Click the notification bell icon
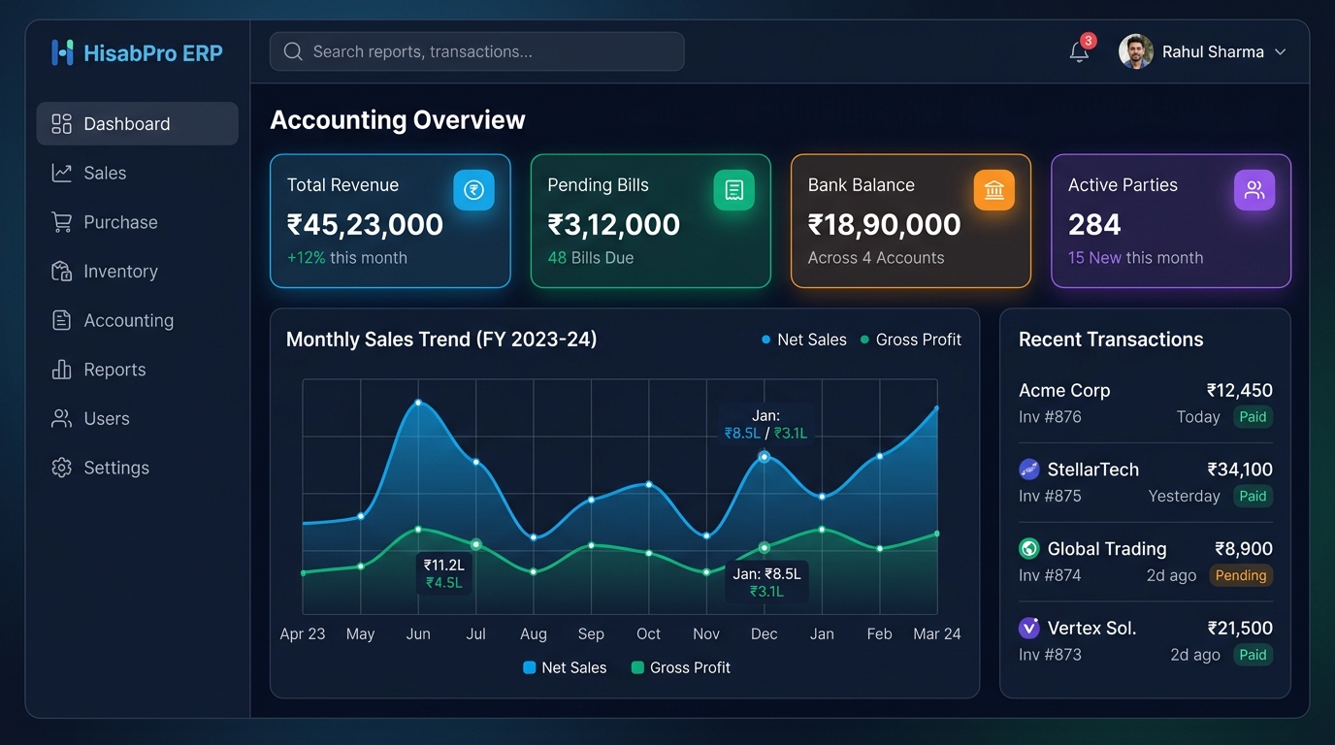click(x=1079, y=51)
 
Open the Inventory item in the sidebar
click(x=105, y=272)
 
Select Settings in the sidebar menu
click(x=100, y=468)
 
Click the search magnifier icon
click(x=293, y=51)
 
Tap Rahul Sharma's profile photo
click(x=1135, y=51)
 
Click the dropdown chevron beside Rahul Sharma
click(x=1280, y=51)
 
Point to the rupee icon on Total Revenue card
click(x=473, y=190)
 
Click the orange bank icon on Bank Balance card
click(x=994, y=190)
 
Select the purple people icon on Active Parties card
click(x=1254, y=190)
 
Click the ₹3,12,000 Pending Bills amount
click(x=613, y=225)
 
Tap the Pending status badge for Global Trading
click(x=1241, y=575)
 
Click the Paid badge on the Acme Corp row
click(x=1253, y=416)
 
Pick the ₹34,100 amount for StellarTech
click(x=1240, y=470)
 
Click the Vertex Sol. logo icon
click(x=1028, y=628)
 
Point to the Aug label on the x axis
click(x=533, y=633)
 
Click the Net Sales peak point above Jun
click(x=418, y=403)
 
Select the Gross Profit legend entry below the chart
click(x=681, y=667)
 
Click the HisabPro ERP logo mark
click(x=62, y=52)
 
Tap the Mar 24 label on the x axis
click(x=937, y=633)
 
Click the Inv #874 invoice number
click(x=1050, y=575)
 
